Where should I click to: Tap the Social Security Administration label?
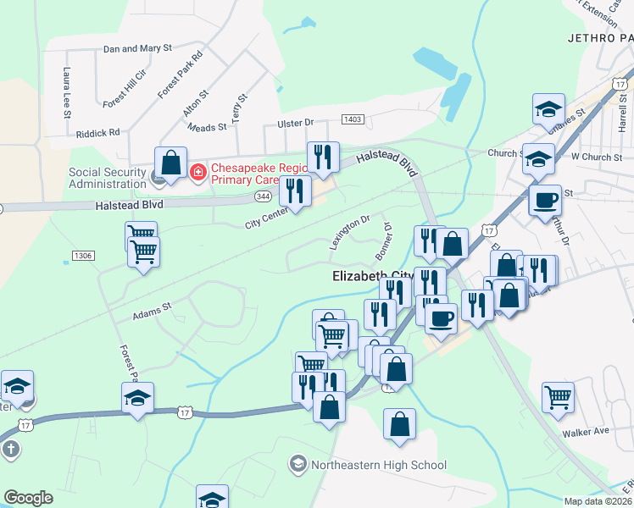[x=107, y=179]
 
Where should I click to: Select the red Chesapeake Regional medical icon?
[x=197, y=173]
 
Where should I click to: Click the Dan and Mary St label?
[x=137, y=49]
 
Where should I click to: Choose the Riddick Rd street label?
[x=97, y=133]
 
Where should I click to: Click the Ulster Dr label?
[x=296, y=124]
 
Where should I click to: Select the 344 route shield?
[x=262, y=196]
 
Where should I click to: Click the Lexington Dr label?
[x=350, y=231]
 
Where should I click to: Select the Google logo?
[x=28, y=498]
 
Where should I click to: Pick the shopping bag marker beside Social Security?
[x=170, y=161]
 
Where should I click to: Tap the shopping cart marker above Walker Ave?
[x=558, y=396]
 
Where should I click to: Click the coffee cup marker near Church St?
[x=545, y=201]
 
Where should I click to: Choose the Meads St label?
[x=208, y=127]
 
